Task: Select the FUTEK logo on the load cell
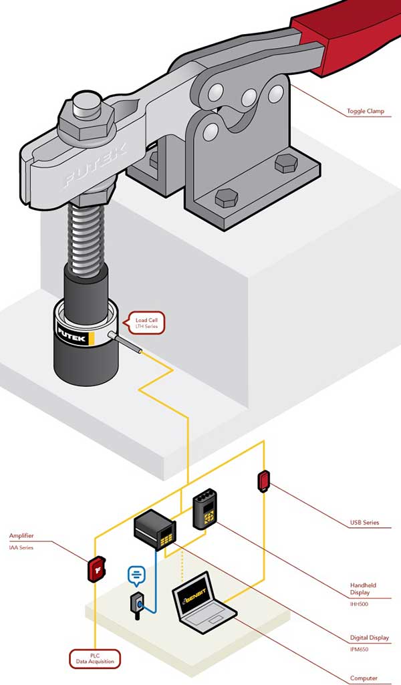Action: [x=73, y=331]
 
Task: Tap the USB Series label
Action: [x=364, y=523]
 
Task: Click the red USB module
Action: [x=263, y=481]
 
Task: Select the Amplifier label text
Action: [x=21, y=536]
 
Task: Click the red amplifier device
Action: [x=97, y=569]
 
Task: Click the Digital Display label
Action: [x=369, y=638]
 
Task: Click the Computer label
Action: [x=364, y=678]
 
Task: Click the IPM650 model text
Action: [x=360, y=649]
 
